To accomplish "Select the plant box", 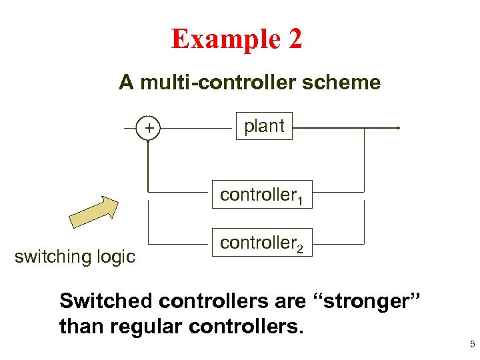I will (x=265, y=126).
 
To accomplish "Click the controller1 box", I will (x=263, y=195).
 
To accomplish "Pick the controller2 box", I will (x=263, y=243).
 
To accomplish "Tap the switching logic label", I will (x=75, y=256).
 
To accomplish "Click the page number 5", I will (x=472, y=345).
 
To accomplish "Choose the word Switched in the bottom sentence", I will (x=107, y=301).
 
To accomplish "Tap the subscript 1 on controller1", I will (x=301, y=200).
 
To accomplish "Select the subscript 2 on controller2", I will (x=301, y=249).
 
